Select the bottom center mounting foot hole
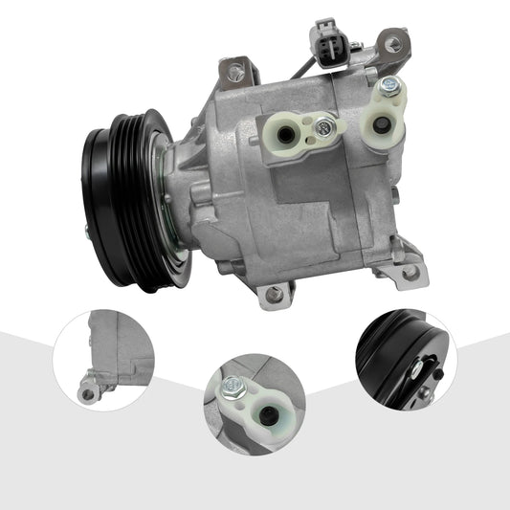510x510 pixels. point(276,294)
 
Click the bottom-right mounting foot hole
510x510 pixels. point(412,272)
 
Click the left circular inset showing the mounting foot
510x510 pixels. point(103,360)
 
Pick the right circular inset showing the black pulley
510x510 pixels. point(406,359)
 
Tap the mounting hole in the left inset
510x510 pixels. point(87,392)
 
